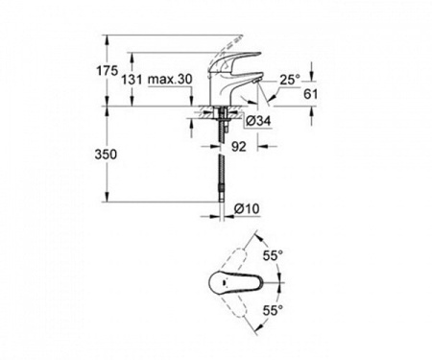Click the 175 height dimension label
pyautogui.click(x=108, y=71)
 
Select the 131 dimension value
pyautogui.click(x=132, y=80)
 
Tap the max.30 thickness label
pyautogui.click(x=170, y=79)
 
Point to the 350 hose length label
pyautogui.click(x=106, y=155)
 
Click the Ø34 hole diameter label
pyautogui.click(x=259, y=121)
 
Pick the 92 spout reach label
pyautogui.click(x=239, y=146)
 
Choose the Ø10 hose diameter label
pyautogui.click(x=247, y=209)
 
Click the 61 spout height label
pyautogui.click(x=310, y=94)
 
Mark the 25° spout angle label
pyautogui.click(x=290, y=80)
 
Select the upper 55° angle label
pyautogui.click(x=273, y=255)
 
